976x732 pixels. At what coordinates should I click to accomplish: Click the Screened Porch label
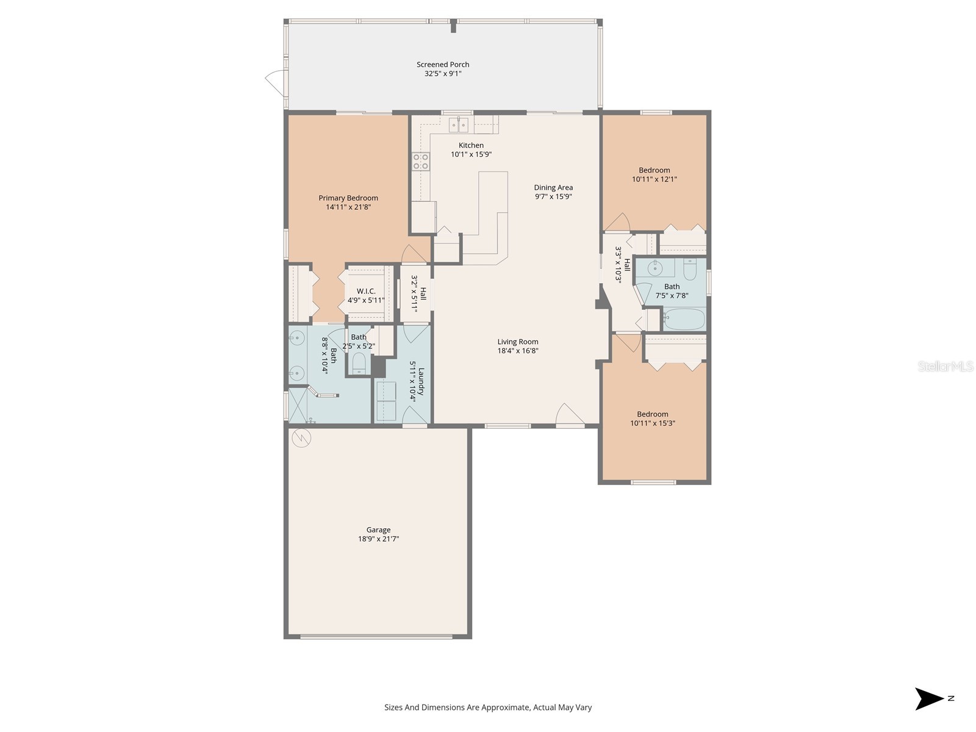[443, 65]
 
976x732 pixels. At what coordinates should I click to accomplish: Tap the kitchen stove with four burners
[421, 162]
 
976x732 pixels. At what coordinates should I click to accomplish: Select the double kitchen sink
[459, 125]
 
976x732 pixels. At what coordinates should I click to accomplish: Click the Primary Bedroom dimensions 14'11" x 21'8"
[348, 207]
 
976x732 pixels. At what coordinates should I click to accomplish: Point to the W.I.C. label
[366, 291]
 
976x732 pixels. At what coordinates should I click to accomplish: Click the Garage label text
[378, 530]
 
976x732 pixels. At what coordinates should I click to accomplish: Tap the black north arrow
[928, 698]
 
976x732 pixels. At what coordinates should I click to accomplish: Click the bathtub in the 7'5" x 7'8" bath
[684, 320]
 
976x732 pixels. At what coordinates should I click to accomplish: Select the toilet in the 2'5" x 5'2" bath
[359, 364]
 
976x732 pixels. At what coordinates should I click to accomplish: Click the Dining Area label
[553, 188]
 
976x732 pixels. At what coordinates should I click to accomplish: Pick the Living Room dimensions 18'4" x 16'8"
[518, 351]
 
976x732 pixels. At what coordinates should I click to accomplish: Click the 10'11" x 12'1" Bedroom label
[654, 170]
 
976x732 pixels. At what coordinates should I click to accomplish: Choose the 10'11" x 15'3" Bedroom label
[653, 414]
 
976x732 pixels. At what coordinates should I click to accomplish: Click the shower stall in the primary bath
[298, 406]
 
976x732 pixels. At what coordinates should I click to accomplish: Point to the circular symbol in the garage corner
[301, 437]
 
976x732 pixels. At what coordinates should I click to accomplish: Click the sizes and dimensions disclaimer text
[488, 708]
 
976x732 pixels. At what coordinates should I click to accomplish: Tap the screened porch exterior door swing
[275, 79]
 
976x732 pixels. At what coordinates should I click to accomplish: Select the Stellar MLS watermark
[945, 367]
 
